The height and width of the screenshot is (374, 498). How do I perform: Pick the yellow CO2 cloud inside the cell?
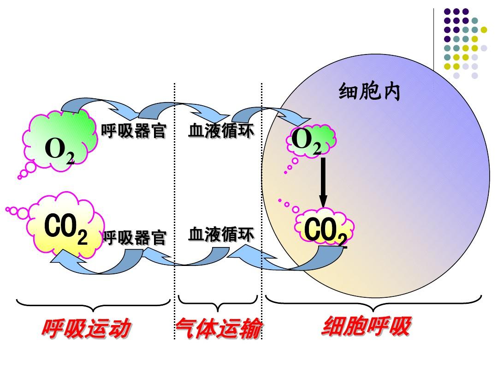point(324,227)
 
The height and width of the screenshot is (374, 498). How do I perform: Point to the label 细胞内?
point(369,91)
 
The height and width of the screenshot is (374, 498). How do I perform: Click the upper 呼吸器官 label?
point(133,130)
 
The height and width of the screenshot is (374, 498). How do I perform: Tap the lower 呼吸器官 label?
point(135,238)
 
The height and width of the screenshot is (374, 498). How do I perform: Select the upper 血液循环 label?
point(221,131)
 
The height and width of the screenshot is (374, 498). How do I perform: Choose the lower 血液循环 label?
point(221,235)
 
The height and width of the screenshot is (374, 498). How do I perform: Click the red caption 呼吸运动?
point(86,328)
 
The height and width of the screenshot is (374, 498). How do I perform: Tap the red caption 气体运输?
point(219,328)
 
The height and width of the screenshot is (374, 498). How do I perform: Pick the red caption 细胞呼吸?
point(367,326)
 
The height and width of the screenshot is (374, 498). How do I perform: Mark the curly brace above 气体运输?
point(218,304)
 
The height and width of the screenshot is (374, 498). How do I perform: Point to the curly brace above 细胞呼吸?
point(373,304)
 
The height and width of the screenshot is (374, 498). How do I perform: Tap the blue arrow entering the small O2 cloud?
point(270,111)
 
